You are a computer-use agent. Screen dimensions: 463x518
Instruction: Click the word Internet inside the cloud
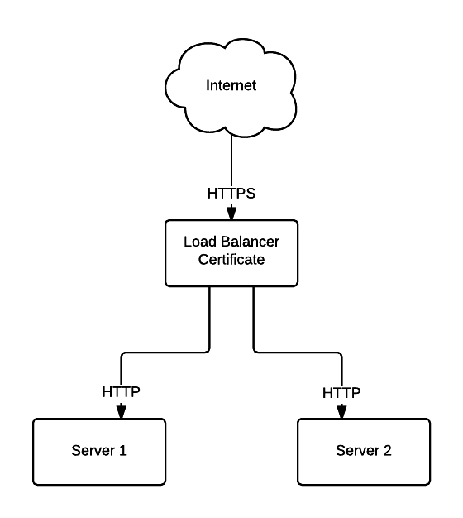click(231, 85)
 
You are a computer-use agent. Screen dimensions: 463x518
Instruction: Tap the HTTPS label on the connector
click(231, 194)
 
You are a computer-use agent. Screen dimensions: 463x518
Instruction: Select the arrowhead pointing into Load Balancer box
click(231, 213)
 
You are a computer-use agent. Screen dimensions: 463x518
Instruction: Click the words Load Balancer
click(231, 242)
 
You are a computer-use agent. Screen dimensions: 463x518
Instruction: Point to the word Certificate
click(231, 260)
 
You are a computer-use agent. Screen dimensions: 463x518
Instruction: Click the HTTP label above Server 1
click(121, 392)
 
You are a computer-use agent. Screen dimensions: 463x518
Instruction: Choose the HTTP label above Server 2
click(341, 393)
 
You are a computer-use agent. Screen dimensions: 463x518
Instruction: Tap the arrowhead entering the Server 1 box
click(122, 411)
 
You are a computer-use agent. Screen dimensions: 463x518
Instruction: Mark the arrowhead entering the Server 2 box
click(341, 411)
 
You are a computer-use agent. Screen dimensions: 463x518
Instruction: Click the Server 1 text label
click(99, 451)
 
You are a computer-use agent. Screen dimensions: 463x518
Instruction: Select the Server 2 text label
click(364, 451)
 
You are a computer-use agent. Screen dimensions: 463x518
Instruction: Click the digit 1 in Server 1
click(122, 451)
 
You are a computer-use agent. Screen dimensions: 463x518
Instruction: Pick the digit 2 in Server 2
click(388, 451)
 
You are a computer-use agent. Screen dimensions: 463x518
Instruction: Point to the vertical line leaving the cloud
click(231, 161)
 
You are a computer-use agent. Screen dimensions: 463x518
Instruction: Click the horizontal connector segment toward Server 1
click(165, 353)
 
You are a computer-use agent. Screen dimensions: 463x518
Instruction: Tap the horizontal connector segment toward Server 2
click(298, 353)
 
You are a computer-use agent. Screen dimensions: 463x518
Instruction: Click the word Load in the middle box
click(200, 242)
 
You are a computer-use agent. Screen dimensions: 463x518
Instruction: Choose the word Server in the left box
click(93, 451)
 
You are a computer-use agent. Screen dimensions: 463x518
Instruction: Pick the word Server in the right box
click(358, 451)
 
